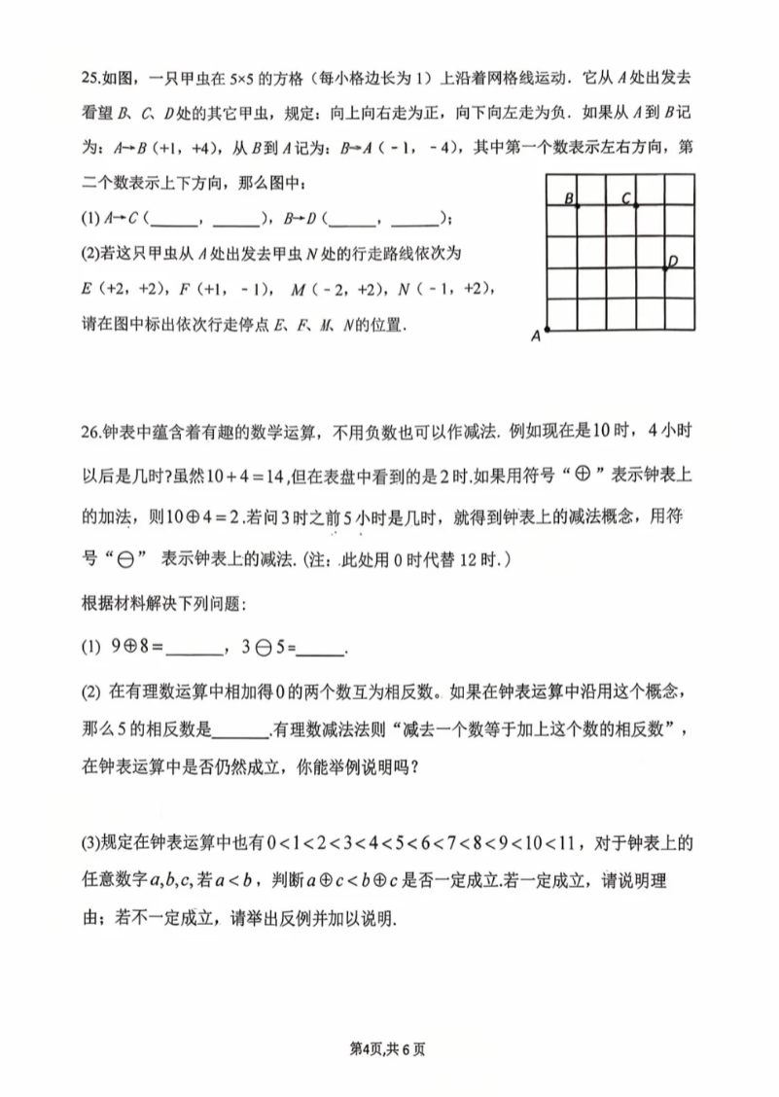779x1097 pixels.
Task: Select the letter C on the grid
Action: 626,199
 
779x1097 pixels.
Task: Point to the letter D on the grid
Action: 672,259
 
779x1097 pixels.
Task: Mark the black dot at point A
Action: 549,331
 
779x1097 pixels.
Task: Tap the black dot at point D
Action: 665,268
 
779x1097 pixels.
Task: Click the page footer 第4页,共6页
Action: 389,1048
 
